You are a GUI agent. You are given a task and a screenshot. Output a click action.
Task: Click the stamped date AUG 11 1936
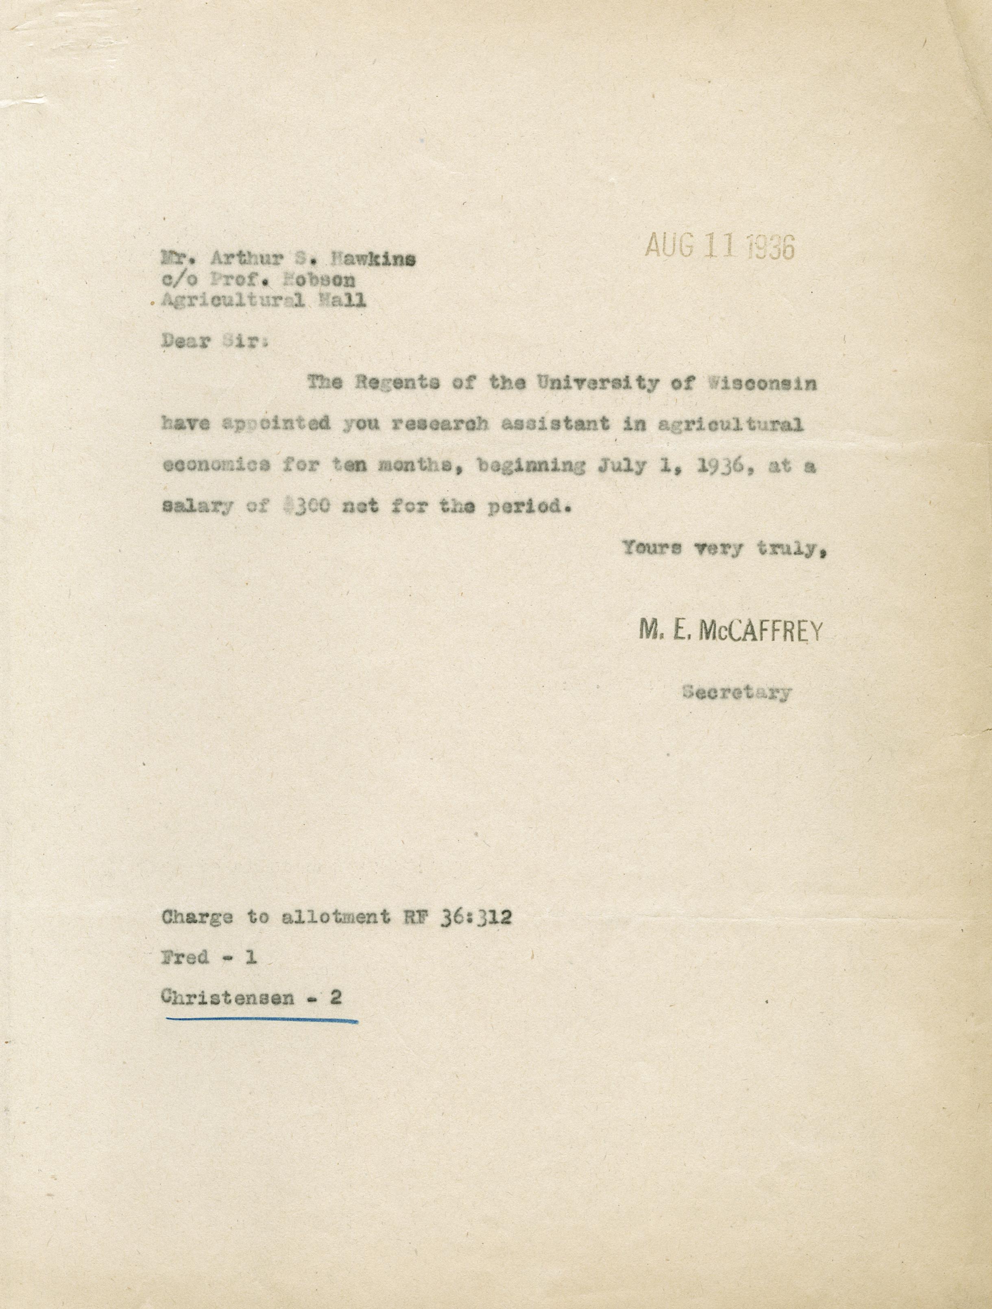point(720,246)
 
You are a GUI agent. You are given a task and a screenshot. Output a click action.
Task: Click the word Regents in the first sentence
point(396,383)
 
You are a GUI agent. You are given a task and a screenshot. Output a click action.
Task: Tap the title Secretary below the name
point(737,691)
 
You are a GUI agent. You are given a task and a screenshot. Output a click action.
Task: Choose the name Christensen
point(227,997)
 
